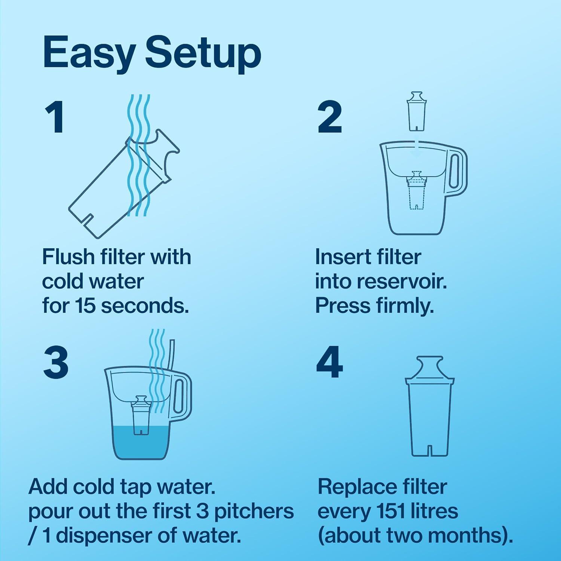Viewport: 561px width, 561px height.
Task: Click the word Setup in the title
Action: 203,54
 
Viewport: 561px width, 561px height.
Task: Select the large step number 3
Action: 56,362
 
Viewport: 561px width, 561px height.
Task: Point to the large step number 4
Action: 329,362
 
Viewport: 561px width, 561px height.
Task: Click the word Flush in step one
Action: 68,257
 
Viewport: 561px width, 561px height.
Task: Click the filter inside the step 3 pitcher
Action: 141,415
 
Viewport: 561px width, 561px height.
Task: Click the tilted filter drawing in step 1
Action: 120,187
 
